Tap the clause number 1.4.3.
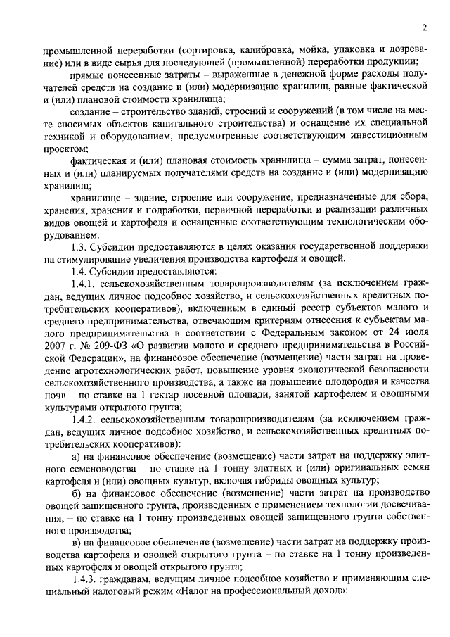point(84,578)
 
